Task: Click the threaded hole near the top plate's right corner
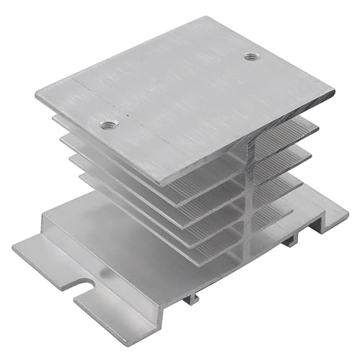coord(251,56)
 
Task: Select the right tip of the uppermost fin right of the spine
coord(318,128)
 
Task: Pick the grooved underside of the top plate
coord(209,180)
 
